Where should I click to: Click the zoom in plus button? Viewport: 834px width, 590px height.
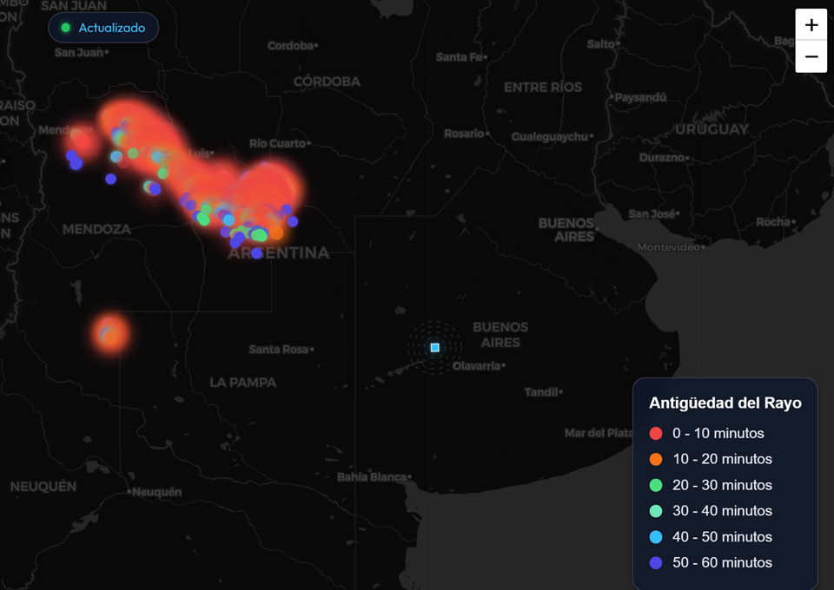click(x=811, y=25)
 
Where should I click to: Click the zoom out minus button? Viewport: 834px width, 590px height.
click(x=811, y=56)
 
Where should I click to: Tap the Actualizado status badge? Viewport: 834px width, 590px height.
click(x=103, y=28)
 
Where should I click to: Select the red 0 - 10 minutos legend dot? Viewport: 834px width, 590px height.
click(x=656, y=433)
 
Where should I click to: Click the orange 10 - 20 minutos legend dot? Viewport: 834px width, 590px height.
click(x=656, y=459)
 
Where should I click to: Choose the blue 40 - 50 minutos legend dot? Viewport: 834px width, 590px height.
click(x=656, y=536)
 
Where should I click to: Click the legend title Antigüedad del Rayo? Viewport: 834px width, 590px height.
click(x=725, y=403)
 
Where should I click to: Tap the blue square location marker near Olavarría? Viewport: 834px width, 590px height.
click(x=435, y=347)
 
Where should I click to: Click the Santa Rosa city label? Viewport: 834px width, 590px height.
click(x=278, y=349)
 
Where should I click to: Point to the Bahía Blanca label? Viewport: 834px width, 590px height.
click(x=372, y=477)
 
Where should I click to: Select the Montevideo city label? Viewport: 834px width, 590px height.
click(x=667, y=247)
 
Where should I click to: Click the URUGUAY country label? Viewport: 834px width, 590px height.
click(x=712, y=129)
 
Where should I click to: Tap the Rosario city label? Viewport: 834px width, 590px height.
click(x=464, y=134)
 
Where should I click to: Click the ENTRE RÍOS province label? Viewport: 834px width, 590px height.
click(x=543, y=88)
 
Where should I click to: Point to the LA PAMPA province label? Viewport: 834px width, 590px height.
click(x=243, y=383)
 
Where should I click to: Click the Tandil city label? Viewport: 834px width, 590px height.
click(x=540, y=392)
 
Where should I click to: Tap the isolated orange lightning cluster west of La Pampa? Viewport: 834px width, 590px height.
click(x=110, y=332)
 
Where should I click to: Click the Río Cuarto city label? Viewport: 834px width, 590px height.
click(x=277, y=143)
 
